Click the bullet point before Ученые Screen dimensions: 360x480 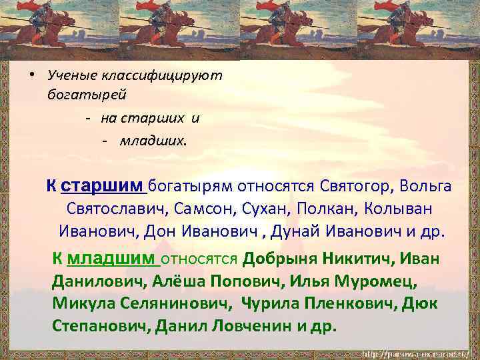[x=31, y=75]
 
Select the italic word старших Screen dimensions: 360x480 [x=154, y=119]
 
